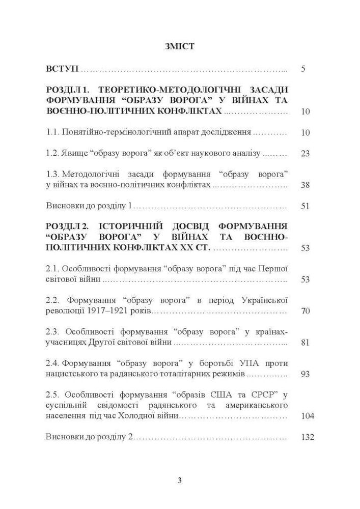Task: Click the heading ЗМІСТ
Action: point(180,46)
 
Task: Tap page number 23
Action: point(306,153)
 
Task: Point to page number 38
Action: point(306,185)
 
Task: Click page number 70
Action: point(306,311)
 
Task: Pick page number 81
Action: point(306,343)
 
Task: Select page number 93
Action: point(306,374)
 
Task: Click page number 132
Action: point(308,437)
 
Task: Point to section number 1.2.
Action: point(52,153)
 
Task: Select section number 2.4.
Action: point(52,363)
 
